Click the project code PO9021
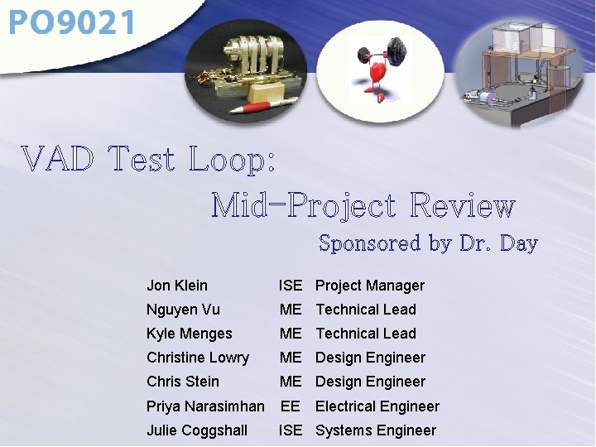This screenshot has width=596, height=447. point(72,22)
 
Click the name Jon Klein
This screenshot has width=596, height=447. point(177,286)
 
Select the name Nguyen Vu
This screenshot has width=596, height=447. point(183,310)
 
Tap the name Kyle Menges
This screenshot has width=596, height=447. point(189,334)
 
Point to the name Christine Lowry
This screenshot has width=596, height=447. point(197,358)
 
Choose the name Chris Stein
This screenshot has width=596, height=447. point(183,382)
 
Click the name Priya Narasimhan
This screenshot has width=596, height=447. point(205,406)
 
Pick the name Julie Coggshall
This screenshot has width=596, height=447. point(196,430)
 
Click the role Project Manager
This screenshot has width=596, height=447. point(370,286)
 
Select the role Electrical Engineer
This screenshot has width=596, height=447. point(377,406)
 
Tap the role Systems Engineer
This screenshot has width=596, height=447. point(376,430)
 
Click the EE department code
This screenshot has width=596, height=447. point(291,406)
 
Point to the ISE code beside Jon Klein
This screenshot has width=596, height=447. point(291,286)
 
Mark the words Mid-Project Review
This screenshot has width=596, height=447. point(363,206)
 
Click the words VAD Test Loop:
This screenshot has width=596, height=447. point(148,159)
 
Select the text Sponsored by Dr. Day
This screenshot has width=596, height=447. point(428,243)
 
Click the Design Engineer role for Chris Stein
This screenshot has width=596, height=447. point(370,382)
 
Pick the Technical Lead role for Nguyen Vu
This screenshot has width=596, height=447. point(366,310)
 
